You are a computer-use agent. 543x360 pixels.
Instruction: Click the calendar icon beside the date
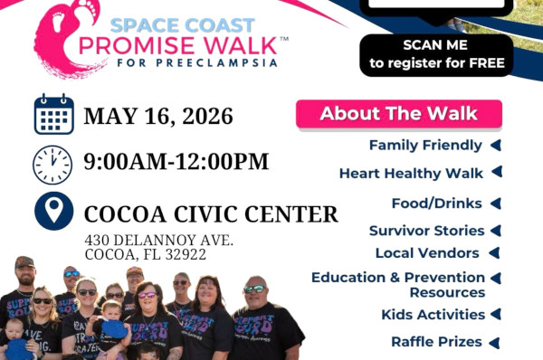(54, 114)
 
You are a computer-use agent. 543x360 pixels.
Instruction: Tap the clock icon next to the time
(52, 165)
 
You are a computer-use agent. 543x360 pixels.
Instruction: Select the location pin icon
(54, 211)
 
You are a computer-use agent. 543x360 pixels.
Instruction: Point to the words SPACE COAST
(183, 25)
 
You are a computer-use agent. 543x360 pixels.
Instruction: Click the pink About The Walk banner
(399, 114)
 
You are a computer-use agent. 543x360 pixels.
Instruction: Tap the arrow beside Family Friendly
(496, 146)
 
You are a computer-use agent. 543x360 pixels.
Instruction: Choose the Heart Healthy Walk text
(411, 173)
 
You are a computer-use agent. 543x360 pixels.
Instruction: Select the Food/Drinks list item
(437, 204)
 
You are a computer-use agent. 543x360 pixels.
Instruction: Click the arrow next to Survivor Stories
(496, 231)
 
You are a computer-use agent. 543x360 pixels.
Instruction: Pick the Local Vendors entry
(427, 253)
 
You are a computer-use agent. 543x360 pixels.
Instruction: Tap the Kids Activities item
(433, 315)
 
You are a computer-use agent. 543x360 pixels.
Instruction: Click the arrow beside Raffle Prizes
(494, 343)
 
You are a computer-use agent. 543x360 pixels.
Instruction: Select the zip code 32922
(186, 255)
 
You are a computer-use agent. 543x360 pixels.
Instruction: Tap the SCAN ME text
(435, 45)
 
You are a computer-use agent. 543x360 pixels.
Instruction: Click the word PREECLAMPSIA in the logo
(216, 63)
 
